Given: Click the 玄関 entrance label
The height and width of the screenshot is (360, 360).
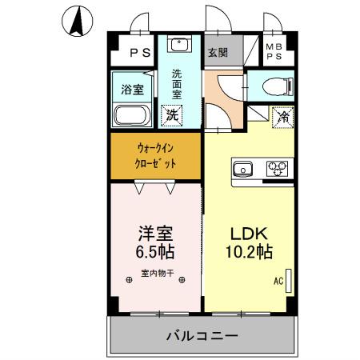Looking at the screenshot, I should tap(218, 53).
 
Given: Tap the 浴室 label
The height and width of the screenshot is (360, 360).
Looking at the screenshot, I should tap(133, 89).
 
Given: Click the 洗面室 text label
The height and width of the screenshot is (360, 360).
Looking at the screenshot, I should tap(178, 83).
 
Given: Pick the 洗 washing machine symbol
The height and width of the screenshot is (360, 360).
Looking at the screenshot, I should tap(172, 114).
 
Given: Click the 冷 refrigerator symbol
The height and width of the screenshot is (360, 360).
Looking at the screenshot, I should tap(283, 117).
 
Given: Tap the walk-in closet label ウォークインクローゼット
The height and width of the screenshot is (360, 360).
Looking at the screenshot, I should tap(156, 156).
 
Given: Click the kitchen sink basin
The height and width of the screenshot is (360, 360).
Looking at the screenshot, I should tap(244, 168).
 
